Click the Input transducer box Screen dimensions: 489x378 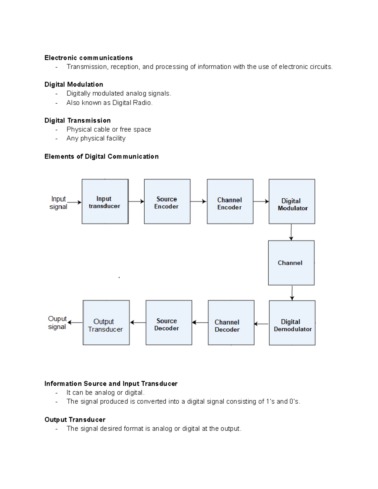[105, 202]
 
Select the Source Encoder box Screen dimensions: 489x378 [167, 202]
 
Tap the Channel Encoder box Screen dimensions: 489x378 [230, 202]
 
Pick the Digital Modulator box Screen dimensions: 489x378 [292, 202]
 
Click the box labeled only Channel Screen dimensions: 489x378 [291, 263]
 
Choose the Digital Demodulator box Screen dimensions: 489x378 [292, 323]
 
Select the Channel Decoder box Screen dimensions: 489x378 [231, 322]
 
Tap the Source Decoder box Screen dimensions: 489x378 [169, 322]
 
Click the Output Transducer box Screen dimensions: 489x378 [106, 322]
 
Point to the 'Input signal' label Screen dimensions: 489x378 [59, 203]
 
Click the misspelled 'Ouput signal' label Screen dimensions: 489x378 [57, 322]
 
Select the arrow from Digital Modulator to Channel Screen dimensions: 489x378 [291, 232]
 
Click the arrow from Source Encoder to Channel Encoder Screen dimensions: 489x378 [198, 202]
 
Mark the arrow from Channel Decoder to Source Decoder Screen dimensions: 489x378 [200, 322]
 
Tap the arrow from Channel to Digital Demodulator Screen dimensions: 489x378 [292, 293]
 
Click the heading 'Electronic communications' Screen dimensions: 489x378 [89, 58]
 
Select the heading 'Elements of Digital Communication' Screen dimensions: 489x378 [101, 156]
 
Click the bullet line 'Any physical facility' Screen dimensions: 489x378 [96, 138]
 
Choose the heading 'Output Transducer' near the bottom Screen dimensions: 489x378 [75, 419]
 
